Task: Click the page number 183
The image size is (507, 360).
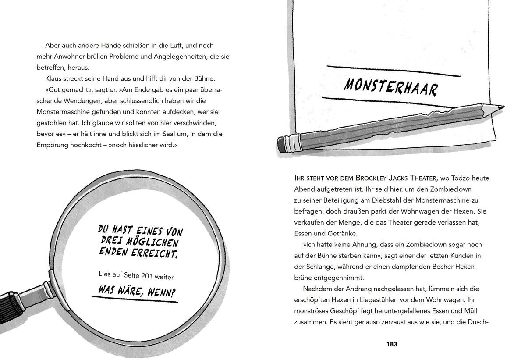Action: point(391,344)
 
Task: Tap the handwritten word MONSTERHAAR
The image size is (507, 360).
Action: point(390,87)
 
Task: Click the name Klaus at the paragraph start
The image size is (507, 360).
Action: point(54,78)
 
